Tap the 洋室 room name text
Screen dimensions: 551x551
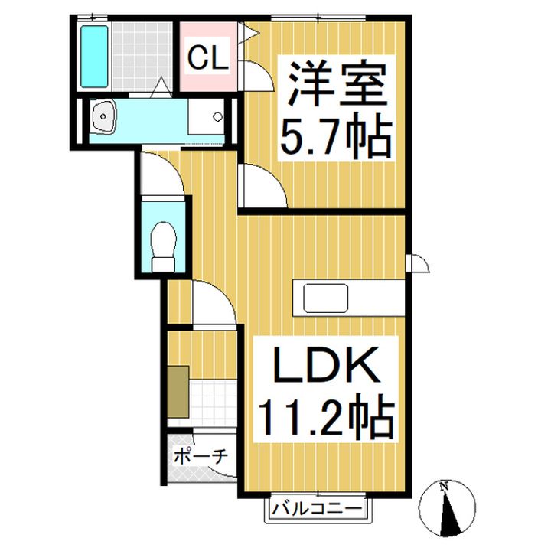tap(337, 84)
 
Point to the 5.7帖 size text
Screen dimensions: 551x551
tap(336, 136)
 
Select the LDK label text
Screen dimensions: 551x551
tap(326, 364)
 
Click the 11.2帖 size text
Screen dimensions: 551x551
tap(326, 416)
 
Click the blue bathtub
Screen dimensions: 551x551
tap(94, 56)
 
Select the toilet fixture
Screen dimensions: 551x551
tap(163, 246)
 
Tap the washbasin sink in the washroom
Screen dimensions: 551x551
tap(103, 116)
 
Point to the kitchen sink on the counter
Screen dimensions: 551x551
tap(326, 298)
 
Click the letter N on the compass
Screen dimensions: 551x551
tap(444, 487)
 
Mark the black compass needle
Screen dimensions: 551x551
tap(448, 512)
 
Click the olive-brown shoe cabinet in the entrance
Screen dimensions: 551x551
tap(178, 392)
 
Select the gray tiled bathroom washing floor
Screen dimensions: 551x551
tap(142, 56)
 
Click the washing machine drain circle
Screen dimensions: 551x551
tap(218, 116)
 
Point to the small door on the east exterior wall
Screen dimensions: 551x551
tap(418, 263)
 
